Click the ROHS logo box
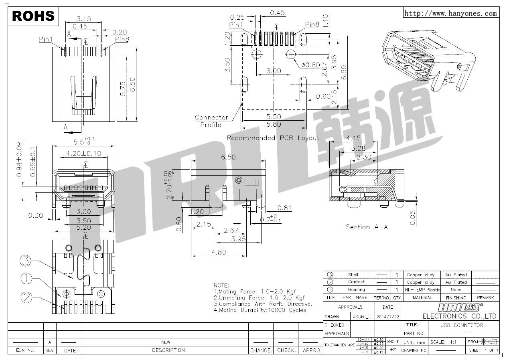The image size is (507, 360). click(33, 16)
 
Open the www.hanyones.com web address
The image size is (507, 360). click(450, 13)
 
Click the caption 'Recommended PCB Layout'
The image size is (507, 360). click(273, 138)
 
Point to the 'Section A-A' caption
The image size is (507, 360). click(367, 227)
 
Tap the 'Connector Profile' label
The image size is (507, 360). click(211, 121)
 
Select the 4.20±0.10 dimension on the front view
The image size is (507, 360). click(83, 154)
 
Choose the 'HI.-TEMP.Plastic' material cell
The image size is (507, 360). click(422, 289)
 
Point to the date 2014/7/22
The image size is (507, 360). click(388, 317)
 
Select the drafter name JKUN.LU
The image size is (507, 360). click(361, 317)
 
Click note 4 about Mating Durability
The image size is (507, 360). click(260, 310)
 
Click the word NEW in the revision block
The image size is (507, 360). click(165, 342)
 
